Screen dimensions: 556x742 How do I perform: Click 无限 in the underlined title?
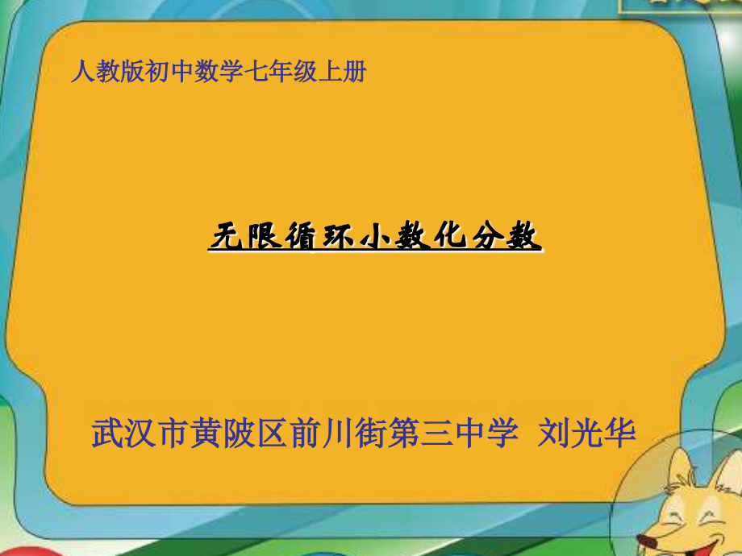pyautogui.click(x=245, y=238)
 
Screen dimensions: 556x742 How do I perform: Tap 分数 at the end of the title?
pyautogui.click(x=506, y=238)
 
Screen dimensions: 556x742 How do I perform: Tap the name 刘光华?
pyautogui.click(x=586, y=434)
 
